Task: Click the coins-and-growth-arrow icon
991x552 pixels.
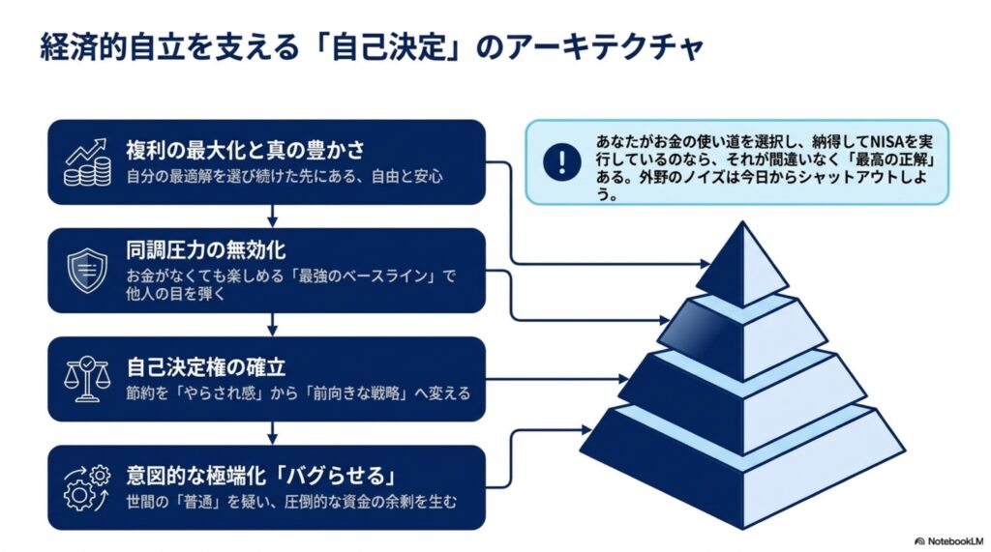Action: pyautogui.click(x=87, y=162)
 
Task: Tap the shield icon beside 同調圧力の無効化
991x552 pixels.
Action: pyautogui.click(x=87, y=271)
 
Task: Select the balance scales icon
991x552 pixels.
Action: pyautogui.click(x=87, y=379)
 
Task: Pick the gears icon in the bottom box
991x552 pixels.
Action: pyautogui.click(x=87, y=487)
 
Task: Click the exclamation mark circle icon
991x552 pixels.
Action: pyautogui.click(x=562, y=161)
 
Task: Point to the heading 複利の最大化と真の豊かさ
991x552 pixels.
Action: pyautogui.click(x=245, y=150)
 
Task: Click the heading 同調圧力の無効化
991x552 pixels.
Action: pyautogui.click(x=205, y=250)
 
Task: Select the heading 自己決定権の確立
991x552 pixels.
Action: pyautogui.click(x=205, y=367)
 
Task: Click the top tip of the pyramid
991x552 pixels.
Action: pyautogui.click(x=742, y=221)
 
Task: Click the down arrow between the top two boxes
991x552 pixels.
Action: pyautogui.click(x=272, y=216)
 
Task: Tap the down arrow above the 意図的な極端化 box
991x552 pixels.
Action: pyautogui.click(x=272, y=433)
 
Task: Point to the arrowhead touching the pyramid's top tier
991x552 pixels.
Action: pyautogui.click(x=705, y=263)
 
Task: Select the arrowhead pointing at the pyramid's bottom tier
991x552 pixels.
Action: pyautogui.click(x=586, y=430)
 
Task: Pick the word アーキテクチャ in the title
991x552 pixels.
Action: pyautogui.click(x=605, y=47)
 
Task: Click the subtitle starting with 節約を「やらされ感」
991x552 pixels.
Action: pyautogui.click(x=298, y=392)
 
